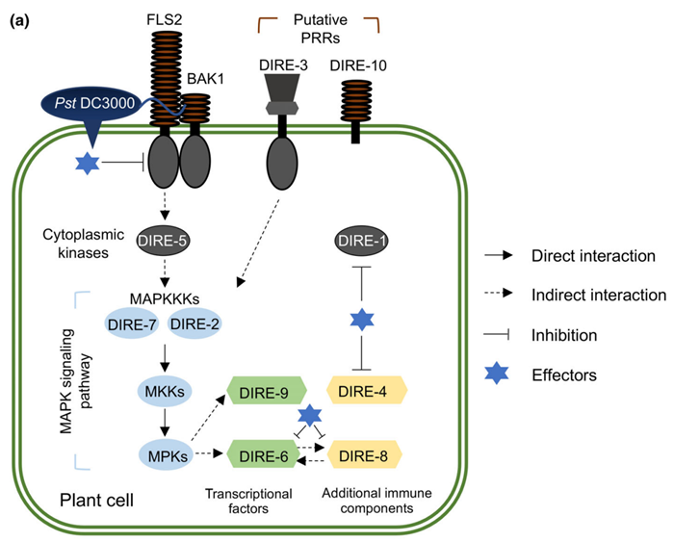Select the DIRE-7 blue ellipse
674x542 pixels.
133,325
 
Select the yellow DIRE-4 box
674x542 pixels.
367,392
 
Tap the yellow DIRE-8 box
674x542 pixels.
367,452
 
